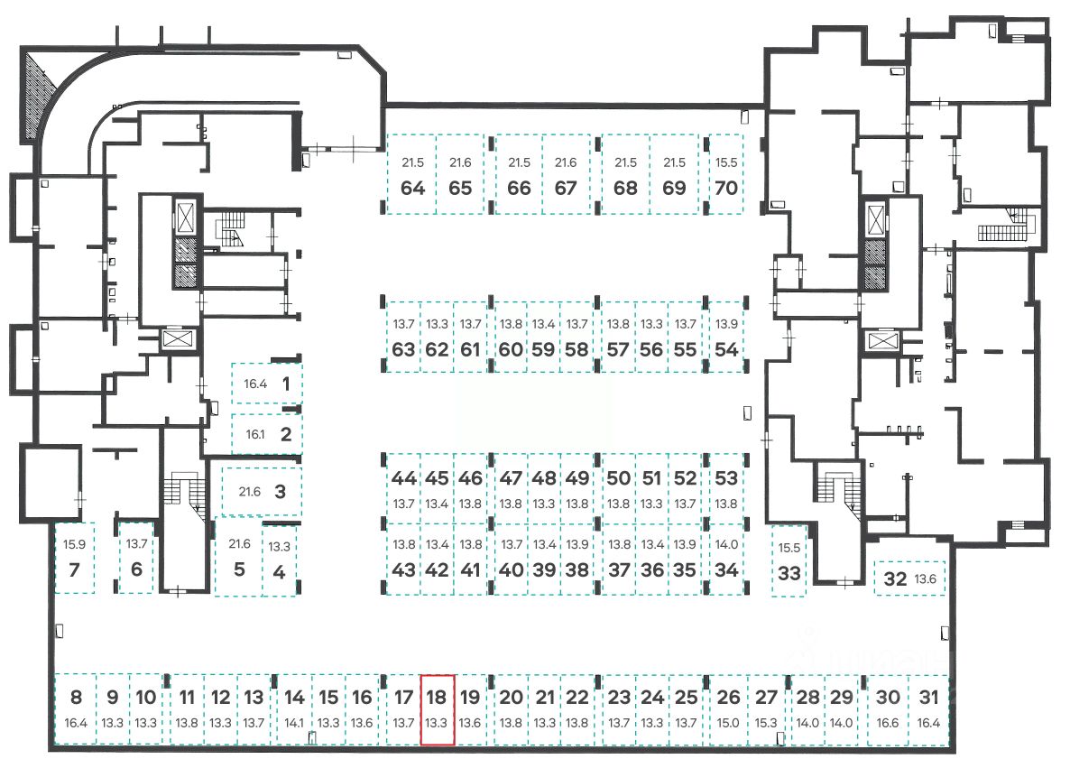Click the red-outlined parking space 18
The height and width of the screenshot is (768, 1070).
click(438, 709)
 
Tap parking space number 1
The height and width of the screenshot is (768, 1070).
click(267, 384)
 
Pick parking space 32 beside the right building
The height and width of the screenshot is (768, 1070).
click(909, 578)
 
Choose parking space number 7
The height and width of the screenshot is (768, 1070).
click(75, 559)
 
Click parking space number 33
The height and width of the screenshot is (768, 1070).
click(789, 561)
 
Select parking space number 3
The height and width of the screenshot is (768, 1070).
click(262, 492)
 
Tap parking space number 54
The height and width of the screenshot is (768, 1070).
click(726, 338)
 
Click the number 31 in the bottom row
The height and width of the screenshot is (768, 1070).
click(929, 697)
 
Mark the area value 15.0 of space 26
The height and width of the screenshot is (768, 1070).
click(729, 723)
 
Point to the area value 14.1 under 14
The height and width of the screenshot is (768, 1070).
click(294, 723)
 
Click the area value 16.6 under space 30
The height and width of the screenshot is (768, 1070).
click(889, 723)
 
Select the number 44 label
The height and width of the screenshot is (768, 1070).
click(404, 478)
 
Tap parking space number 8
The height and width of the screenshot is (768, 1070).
click(76, 709)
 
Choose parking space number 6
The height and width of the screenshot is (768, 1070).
click(136, 559)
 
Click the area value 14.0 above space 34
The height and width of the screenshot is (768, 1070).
click(726, 544)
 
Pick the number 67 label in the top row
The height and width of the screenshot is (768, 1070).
click(566, 189)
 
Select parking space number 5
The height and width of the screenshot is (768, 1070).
click(239, 559)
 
